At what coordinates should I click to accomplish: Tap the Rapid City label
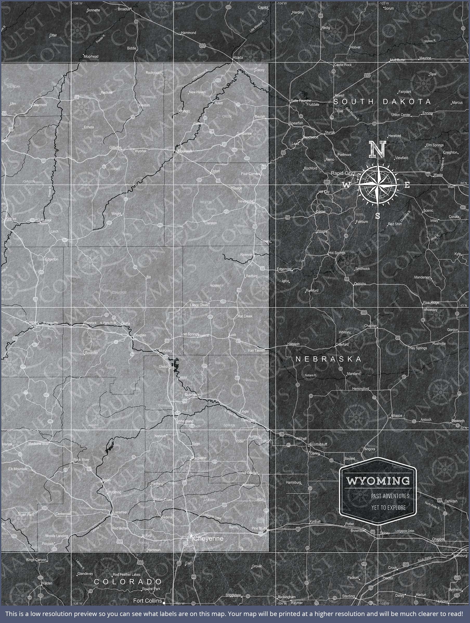(342, 173)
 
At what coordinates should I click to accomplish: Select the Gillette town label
(115, 147)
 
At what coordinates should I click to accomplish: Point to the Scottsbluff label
(318, 444)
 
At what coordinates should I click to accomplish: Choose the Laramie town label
(119, 512)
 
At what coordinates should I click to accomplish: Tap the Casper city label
(31, 322)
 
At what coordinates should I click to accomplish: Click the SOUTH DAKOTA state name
(382, 101)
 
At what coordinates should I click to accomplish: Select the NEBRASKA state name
(328, 359)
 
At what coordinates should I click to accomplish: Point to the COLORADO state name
(128, 582)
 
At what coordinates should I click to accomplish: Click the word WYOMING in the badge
(378, 481)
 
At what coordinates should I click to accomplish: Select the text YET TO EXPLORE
(388, 507)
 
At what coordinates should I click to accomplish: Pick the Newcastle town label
(245, 201)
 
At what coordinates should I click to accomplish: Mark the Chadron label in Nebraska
(370, 326)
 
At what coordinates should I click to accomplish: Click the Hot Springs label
(337, 253)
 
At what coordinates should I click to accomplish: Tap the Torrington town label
(248, 420)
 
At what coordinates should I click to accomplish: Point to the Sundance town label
(244, 133)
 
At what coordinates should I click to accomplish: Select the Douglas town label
(140, 335)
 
